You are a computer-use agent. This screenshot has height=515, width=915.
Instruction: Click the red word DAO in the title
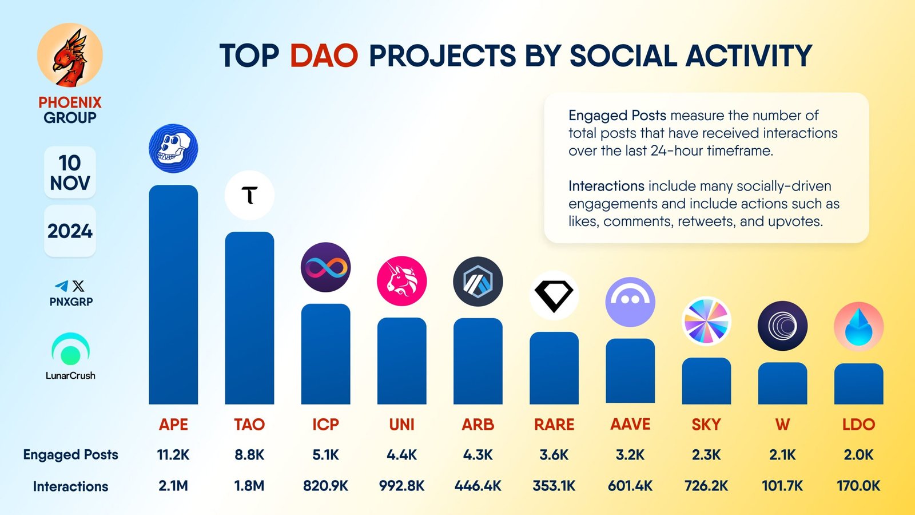[324, 56]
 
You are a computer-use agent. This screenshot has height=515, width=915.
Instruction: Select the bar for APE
[173, 295]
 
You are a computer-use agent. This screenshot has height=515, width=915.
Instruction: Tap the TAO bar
[249, 318]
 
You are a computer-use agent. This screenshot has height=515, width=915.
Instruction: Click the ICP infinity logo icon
[325, 267]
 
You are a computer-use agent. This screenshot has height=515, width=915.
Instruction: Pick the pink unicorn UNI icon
[401, 281]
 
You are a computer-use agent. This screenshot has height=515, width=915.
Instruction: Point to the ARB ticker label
[478, 425]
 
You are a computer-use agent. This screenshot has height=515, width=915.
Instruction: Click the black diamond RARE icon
[554, 295]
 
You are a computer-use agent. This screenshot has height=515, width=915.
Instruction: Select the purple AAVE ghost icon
[630, 302]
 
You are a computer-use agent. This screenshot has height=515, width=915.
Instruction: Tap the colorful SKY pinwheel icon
[706, 321]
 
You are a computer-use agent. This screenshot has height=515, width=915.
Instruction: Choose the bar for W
[782, 383]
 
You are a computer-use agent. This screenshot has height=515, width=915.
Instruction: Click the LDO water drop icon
[858, 326]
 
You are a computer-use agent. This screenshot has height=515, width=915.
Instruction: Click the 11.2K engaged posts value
[173, 455]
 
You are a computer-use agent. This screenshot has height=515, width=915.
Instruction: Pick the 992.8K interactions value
[401, 486]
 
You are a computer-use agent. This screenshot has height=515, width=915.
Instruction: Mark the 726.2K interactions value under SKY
[706, 486]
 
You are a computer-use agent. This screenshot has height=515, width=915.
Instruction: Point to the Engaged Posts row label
[70, 455]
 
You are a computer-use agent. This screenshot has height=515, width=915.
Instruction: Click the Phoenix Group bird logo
[70, 56]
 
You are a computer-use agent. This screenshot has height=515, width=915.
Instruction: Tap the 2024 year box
[70, 231]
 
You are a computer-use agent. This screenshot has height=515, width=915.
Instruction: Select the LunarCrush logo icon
[70, 350]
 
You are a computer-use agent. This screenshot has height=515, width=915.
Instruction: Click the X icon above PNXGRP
[78, 286]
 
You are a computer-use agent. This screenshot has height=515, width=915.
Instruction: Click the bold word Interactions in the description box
[606, 186]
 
